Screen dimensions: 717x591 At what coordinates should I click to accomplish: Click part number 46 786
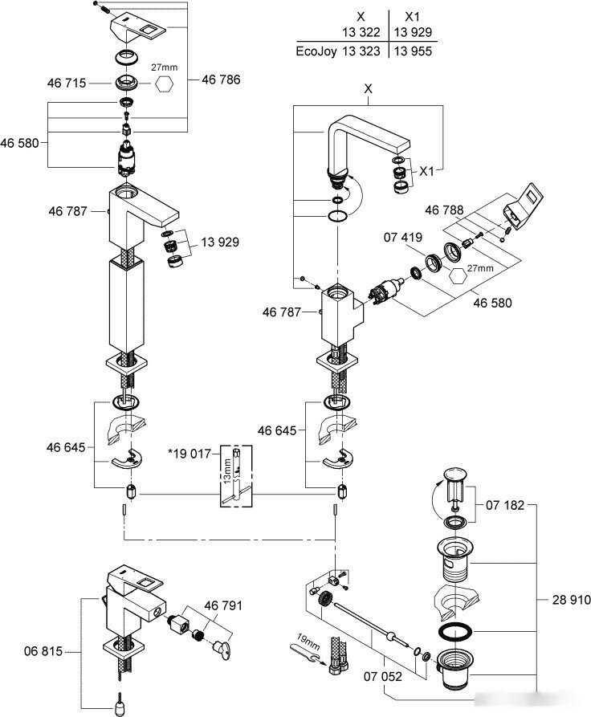222,79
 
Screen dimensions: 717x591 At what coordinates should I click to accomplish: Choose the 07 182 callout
506,506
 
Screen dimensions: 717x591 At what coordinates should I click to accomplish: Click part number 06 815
41,652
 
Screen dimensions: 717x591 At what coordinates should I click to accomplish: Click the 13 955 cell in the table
413,51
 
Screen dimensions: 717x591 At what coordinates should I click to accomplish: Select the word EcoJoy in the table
316,51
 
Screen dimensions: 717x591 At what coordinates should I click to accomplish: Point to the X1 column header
413,15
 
